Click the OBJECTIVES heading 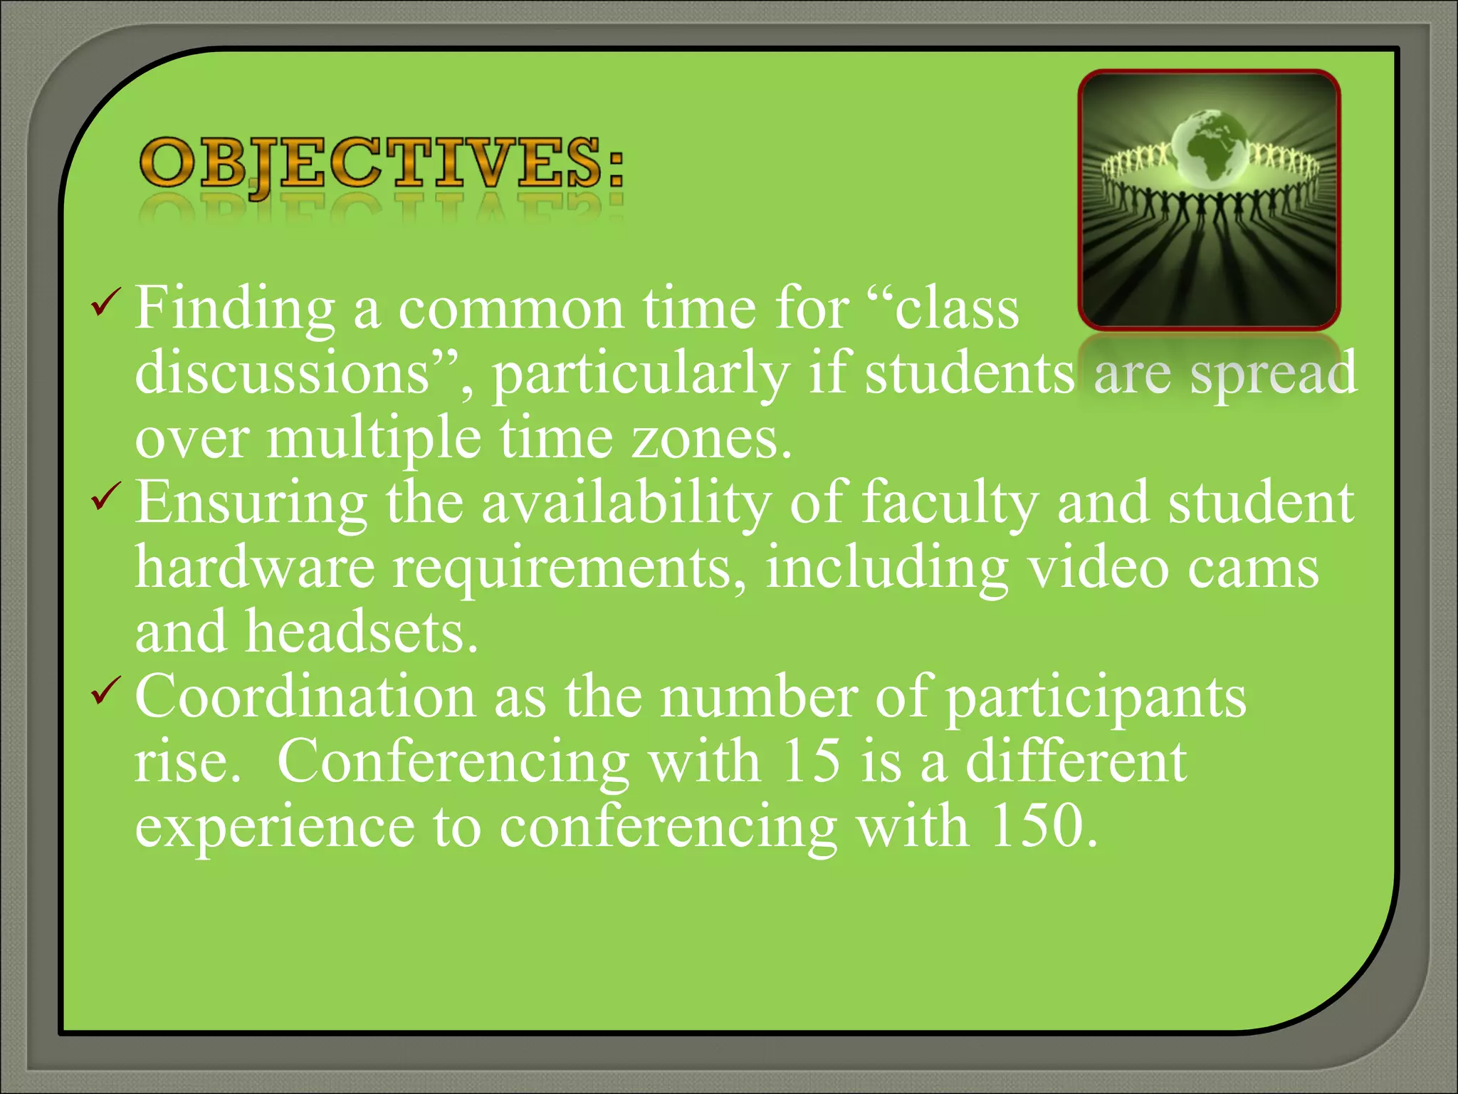coord(382,164)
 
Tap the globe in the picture coord(1209,146)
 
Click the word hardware coord(255,568)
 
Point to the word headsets coord(362,632)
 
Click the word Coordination coord(305,697)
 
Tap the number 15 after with coord(810,761)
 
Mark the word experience coord(275,828)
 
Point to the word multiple coord(373,439)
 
